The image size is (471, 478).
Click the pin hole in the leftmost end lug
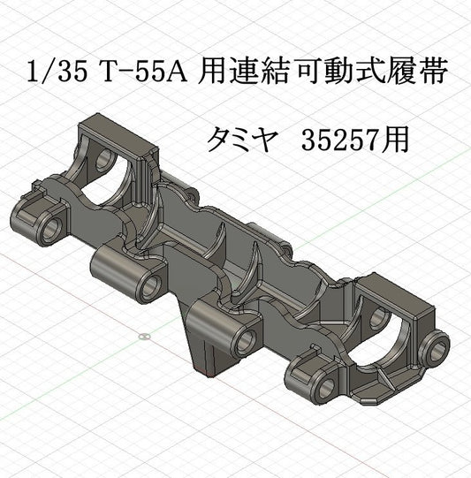click(x=50, y=228)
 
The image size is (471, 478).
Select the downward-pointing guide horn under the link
click(x=201, y=340)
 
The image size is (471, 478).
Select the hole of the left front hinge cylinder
click(x=148, y=285)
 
